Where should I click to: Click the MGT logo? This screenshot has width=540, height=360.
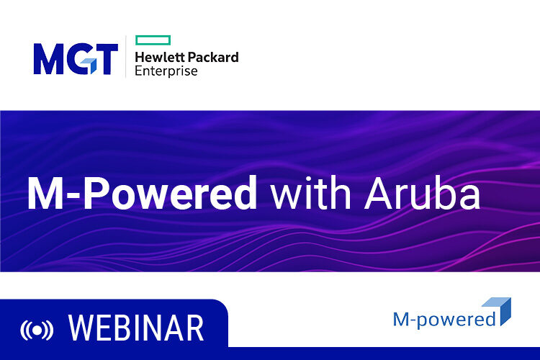tap(75, 59)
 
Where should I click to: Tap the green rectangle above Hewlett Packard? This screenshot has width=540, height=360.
tap(153, 40)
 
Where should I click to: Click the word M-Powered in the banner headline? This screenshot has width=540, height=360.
tap(142, 192)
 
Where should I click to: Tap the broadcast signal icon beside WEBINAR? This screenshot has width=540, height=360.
tap(36, 330)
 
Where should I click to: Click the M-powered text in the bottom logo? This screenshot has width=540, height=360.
tap(444, 318)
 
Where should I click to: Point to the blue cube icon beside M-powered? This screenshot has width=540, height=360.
tap(498, 310)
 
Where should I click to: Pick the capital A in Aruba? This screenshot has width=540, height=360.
tap(379, 192)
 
